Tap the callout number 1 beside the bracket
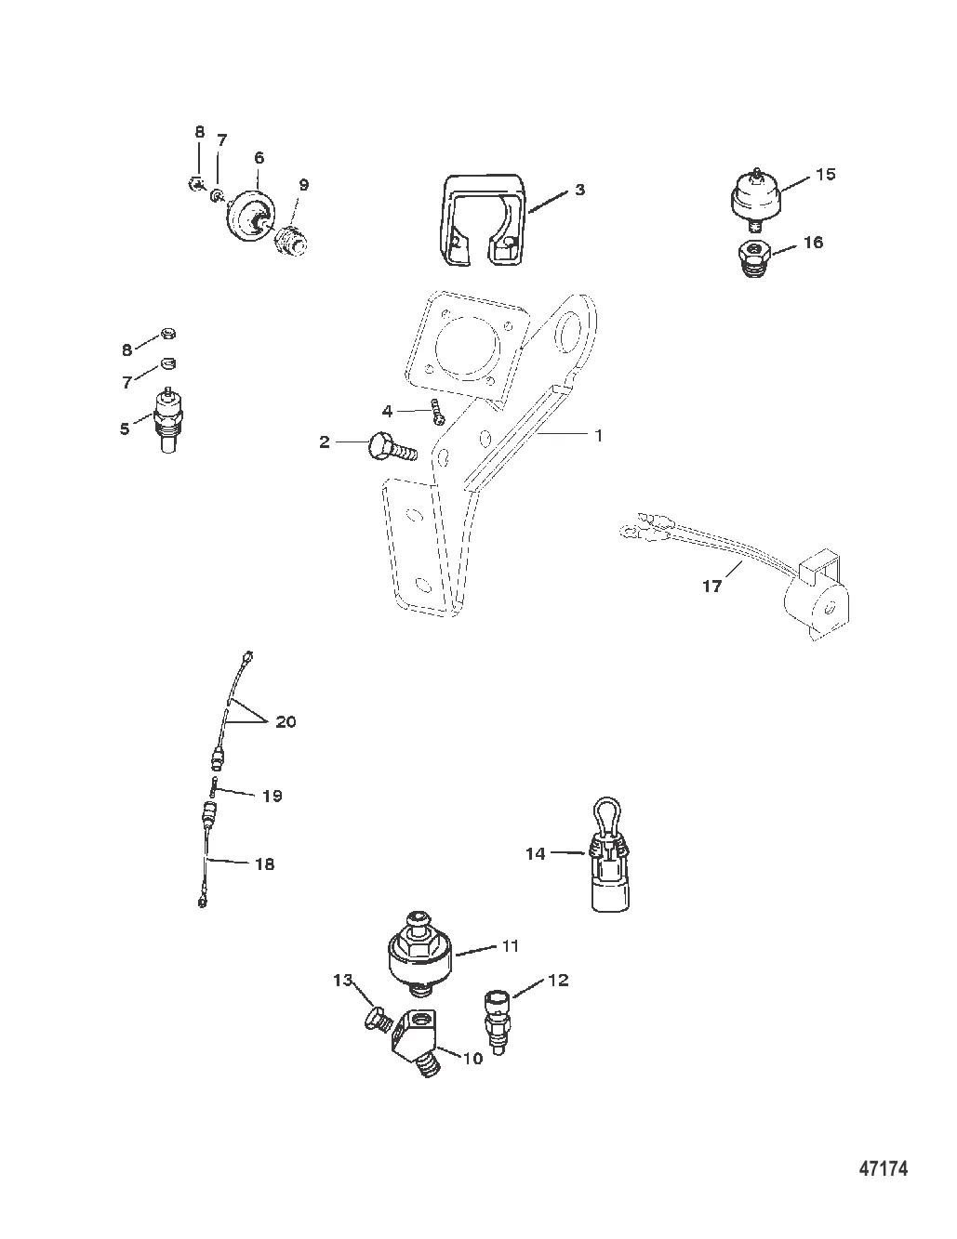[x=598, y=435]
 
